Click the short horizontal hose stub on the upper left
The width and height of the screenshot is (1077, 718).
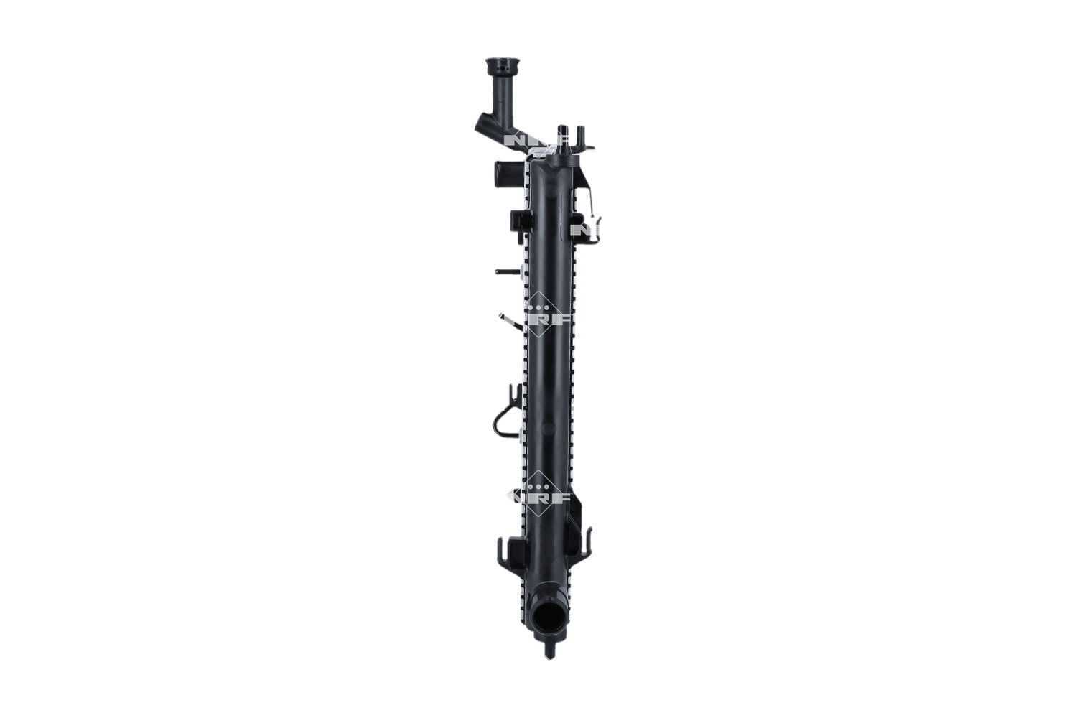[501, 172]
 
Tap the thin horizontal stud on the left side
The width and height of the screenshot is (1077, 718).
[508, 272]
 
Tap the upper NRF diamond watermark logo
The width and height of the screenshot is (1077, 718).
[549, 316]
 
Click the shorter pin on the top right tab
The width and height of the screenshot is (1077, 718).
[582, 136]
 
